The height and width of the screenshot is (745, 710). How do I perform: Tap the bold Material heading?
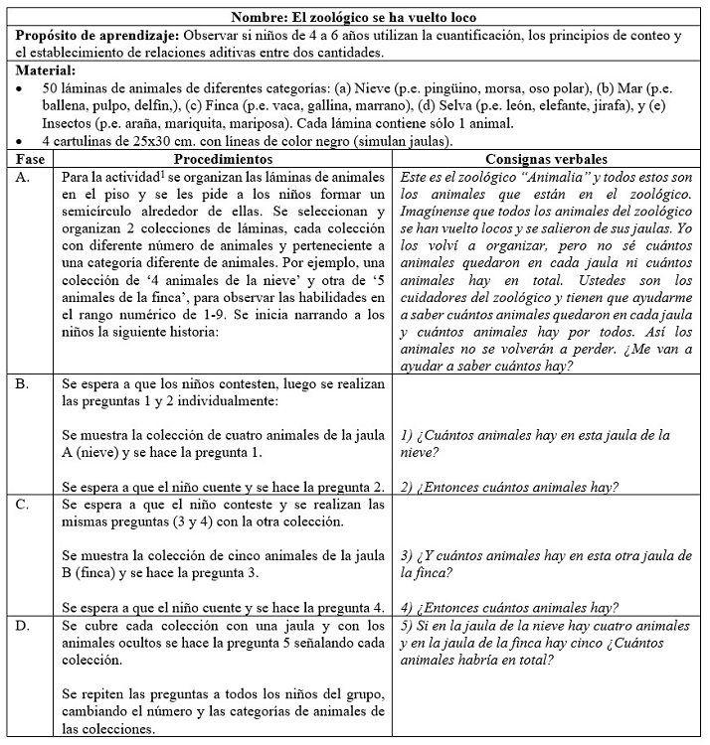click(x=46, y=72)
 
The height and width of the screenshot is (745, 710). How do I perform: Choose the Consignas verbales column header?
click(x=547, y=159)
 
